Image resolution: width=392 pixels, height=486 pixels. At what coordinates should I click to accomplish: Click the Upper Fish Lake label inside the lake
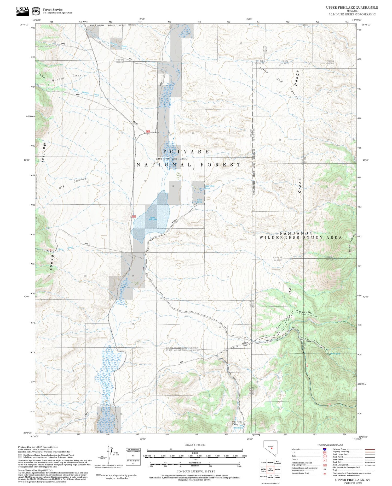pyautogui.click(x=153, y=219)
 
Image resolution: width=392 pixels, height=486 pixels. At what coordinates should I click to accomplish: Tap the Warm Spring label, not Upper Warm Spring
pyautogui.click(x=199, y=201)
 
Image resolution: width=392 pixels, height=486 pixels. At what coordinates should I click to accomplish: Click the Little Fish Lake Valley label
pyautogui.click(x=171, y=159)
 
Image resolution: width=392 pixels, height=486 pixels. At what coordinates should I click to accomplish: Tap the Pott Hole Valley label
pyautogui.click(x=237, y=423)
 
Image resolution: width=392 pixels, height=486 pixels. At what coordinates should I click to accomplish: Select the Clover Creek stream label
pyautogui.click(x=65, y=248)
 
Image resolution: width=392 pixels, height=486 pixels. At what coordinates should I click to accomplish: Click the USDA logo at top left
pyautogui.click(x=22, y=11)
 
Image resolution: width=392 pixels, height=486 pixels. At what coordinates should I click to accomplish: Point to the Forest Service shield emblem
pyautogui.click(x=36, y=11)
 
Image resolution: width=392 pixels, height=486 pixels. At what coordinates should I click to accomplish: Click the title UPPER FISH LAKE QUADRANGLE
pyautogui.click(x=352, y=8)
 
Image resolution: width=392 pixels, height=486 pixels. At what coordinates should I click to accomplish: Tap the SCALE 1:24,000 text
pyautogui.click(x=195, y=445)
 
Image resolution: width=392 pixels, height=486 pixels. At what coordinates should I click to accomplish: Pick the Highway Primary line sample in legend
pyautogui.click(x=369, y=449)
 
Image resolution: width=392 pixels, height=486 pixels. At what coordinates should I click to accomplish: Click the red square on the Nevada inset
pyautogui.click(x=272, y=448)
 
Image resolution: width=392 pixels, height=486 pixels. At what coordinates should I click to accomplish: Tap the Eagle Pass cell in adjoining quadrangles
pyautogui.click(x=263, y=477)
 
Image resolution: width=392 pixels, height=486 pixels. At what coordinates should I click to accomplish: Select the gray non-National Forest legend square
pyautogui.click(x=20, y=456)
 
